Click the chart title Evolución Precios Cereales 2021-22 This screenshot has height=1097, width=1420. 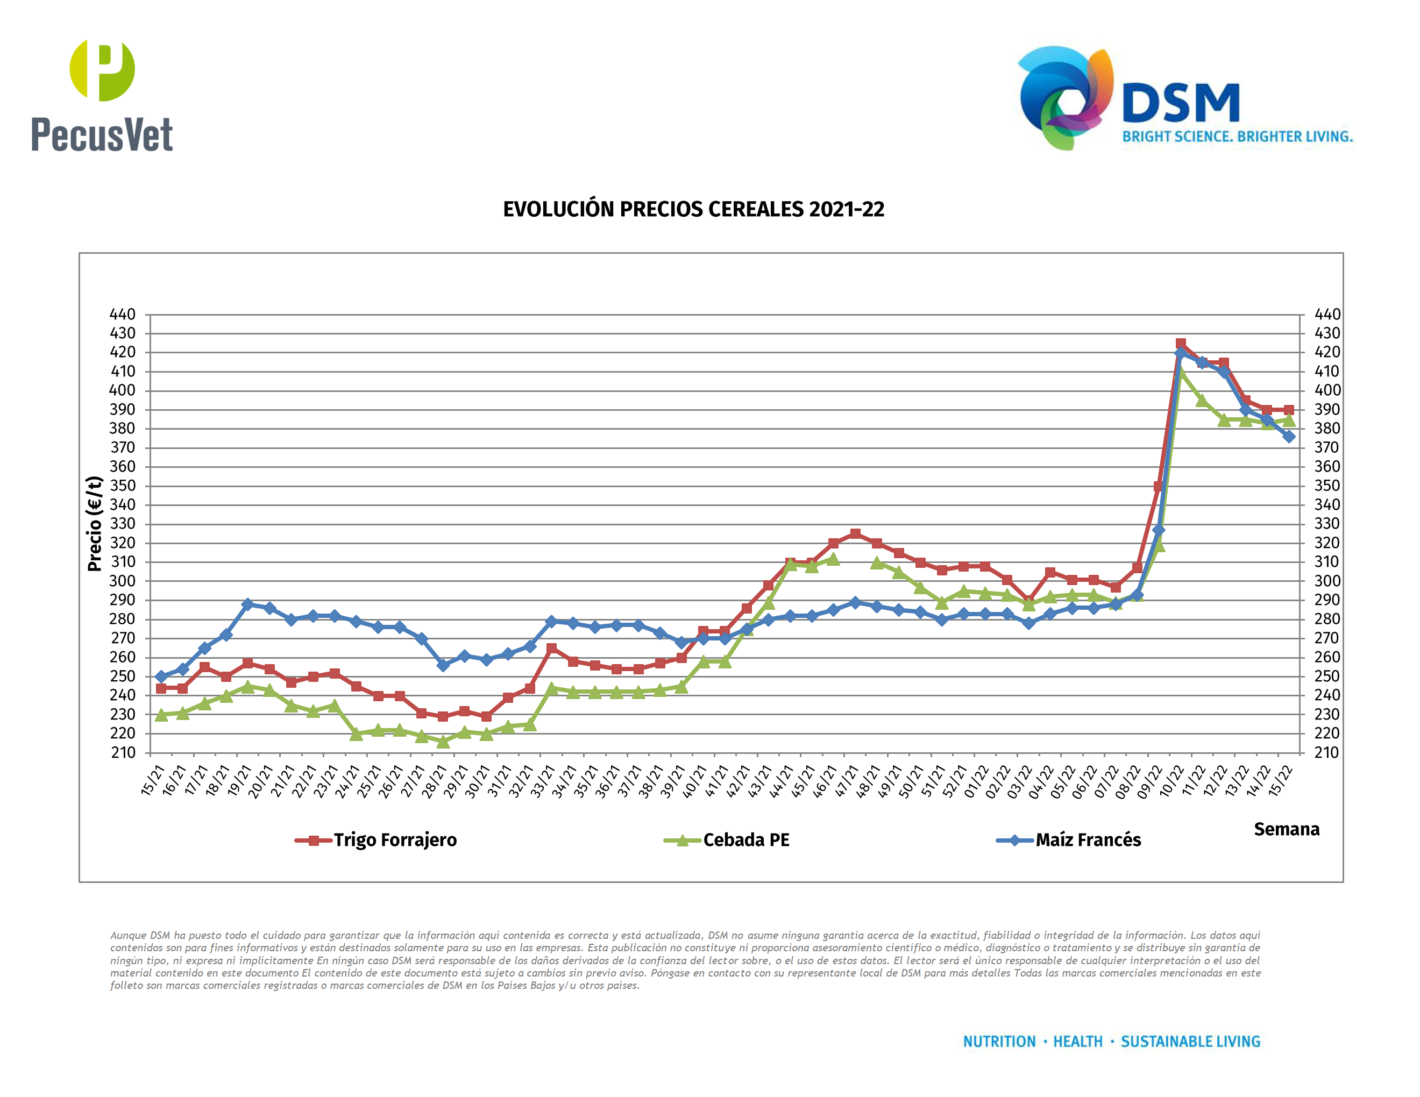(x=693, y=209)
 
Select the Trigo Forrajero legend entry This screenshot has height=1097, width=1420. (x=395, y=840)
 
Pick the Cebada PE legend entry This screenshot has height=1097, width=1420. (x=745, y=840)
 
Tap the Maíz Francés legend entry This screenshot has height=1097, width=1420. (x=1088, y=840)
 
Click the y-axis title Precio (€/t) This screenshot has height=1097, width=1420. (x=95, y=523)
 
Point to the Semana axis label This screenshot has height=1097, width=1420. (x=1286, y=829)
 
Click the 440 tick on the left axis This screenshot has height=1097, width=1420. (x=122, y=315)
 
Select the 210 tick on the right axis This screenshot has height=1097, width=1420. (x=1327, y=752)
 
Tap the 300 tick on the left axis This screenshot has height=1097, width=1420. (x=122, y=581)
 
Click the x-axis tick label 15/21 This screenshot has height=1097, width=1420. (x=153, y=780)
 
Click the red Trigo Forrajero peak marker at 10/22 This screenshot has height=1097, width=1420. (x=1180, y=344)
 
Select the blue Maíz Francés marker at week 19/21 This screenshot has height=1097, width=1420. (x=248, y=604)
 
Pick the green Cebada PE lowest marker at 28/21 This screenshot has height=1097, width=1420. (x=443, y=742)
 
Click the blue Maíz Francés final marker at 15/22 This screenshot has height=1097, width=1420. (x=1289, y=437)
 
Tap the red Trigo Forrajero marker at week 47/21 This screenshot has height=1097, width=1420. (x=855, y=533)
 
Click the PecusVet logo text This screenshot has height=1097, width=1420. (x=102, y=134)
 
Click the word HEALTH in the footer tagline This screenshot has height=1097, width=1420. (x=1077, y=1042)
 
